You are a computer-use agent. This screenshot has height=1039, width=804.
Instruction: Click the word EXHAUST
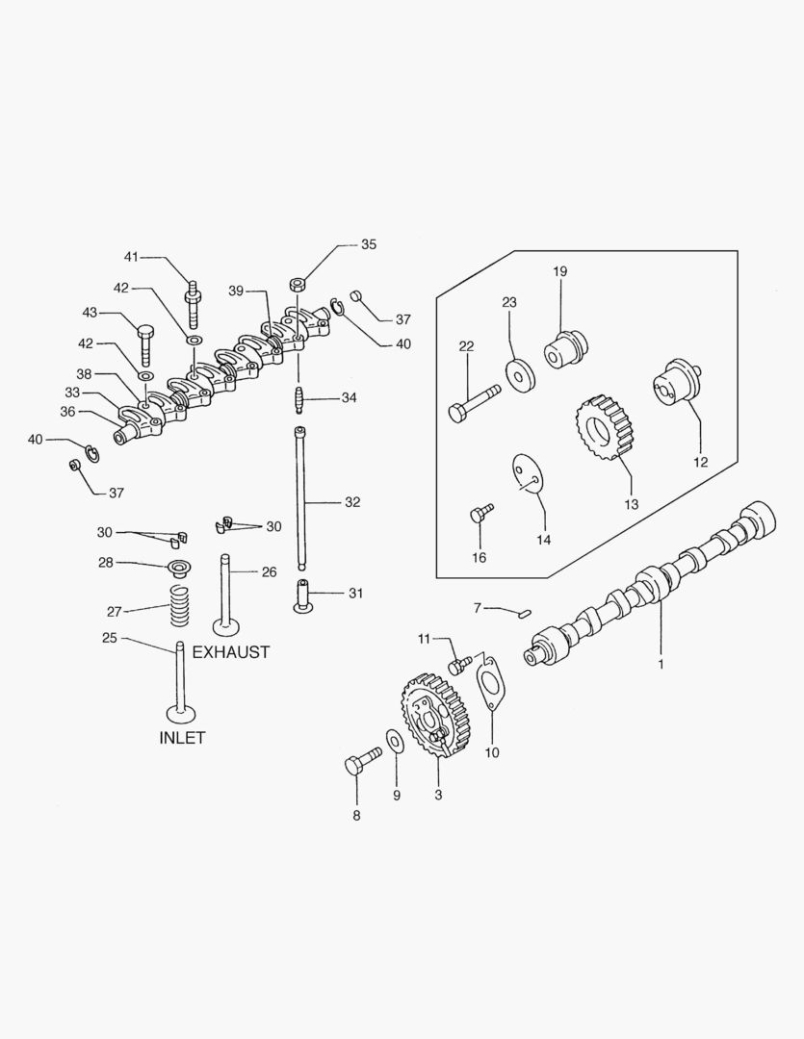(x=231, y=651)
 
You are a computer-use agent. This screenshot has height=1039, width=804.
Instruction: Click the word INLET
(x=182, y=738)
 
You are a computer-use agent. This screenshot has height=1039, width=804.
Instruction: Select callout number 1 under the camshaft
(x=661, y=663)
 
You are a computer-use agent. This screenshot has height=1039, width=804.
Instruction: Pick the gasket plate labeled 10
(x=492, y=684)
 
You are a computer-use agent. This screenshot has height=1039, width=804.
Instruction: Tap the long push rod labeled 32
(x=300, y=500)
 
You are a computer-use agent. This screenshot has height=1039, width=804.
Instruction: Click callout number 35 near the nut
(x=369, y=244)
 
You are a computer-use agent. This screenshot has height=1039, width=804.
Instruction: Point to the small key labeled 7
(x=525, y=608)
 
